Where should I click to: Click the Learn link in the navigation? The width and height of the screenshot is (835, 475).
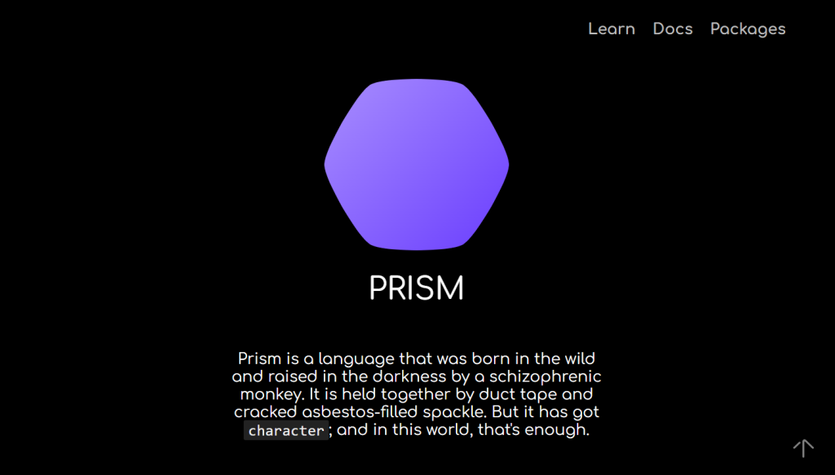(611, 29)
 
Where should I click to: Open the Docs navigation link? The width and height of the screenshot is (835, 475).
(673, 29)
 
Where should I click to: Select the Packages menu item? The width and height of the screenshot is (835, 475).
(748, 29)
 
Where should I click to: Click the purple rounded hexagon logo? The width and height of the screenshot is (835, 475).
(417, 164)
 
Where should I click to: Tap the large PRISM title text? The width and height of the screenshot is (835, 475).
(417, 288)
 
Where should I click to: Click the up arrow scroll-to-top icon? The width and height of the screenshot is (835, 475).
(803, 447)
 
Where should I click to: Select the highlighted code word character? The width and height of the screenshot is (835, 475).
(286, 430)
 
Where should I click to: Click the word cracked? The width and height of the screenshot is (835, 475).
(264, 412)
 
